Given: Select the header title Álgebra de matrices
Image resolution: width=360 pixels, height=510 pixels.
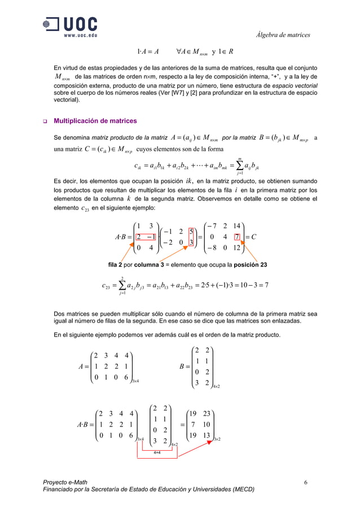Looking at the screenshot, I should tap(283, 35).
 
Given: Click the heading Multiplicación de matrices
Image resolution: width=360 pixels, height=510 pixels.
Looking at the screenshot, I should tap(94, 121).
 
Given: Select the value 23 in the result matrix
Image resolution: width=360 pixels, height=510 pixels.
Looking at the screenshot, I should tap(208, 413).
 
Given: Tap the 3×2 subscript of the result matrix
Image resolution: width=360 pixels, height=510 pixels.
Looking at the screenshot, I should tap(217, 439).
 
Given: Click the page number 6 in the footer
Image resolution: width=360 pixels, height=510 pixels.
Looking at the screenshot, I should tap(305, 482).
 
